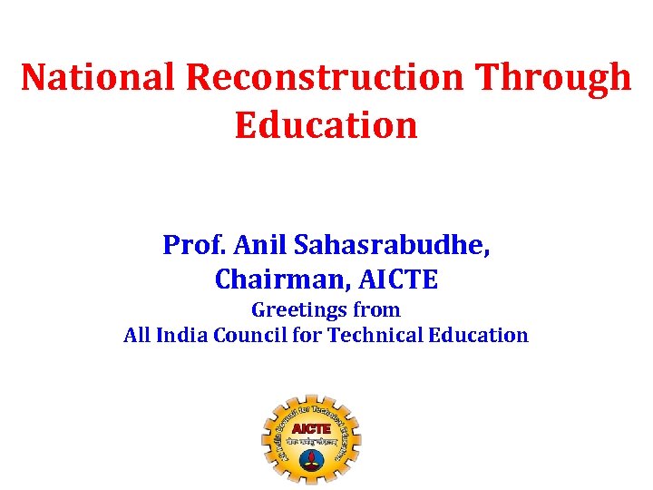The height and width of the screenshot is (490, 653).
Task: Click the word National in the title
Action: point(97,78)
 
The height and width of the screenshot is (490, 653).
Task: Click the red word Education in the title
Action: point(326,125)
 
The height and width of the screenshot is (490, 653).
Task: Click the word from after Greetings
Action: point(375,310)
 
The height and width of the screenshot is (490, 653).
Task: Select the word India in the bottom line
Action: point(182,336)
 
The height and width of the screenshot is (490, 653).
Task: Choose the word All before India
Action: point(137,336)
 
